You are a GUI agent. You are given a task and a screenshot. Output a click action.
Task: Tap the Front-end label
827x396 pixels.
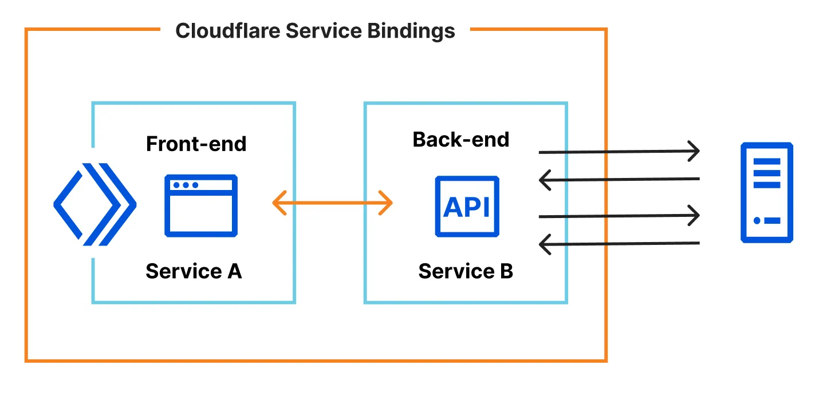coord(196,144)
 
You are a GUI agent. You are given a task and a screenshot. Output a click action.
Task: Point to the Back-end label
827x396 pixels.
coord(460,139)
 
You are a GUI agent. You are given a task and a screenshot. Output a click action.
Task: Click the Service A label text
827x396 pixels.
coord(194,271)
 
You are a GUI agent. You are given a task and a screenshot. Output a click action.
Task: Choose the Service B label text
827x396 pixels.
coord(465,271)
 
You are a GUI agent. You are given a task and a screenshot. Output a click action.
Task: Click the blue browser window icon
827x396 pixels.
coord(200,205)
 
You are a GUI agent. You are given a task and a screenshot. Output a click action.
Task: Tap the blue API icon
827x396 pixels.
coord(467,206)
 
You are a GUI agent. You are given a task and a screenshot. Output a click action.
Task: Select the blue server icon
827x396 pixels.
coord(766,193)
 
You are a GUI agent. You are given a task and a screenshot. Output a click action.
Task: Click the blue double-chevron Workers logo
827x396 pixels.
coord(94,204)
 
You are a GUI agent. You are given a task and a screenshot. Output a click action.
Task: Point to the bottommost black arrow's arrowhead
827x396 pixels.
coord(545,243)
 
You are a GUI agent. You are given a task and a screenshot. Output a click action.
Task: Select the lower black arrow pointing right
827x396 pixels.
coord(619,216)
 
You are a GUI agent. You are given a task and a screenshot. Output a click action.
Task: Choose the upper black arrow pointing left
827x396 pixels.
coord(619,179)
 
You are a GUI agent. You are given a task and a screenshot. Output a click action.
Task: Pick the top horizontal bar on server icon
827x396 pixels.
coord(767,161)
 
